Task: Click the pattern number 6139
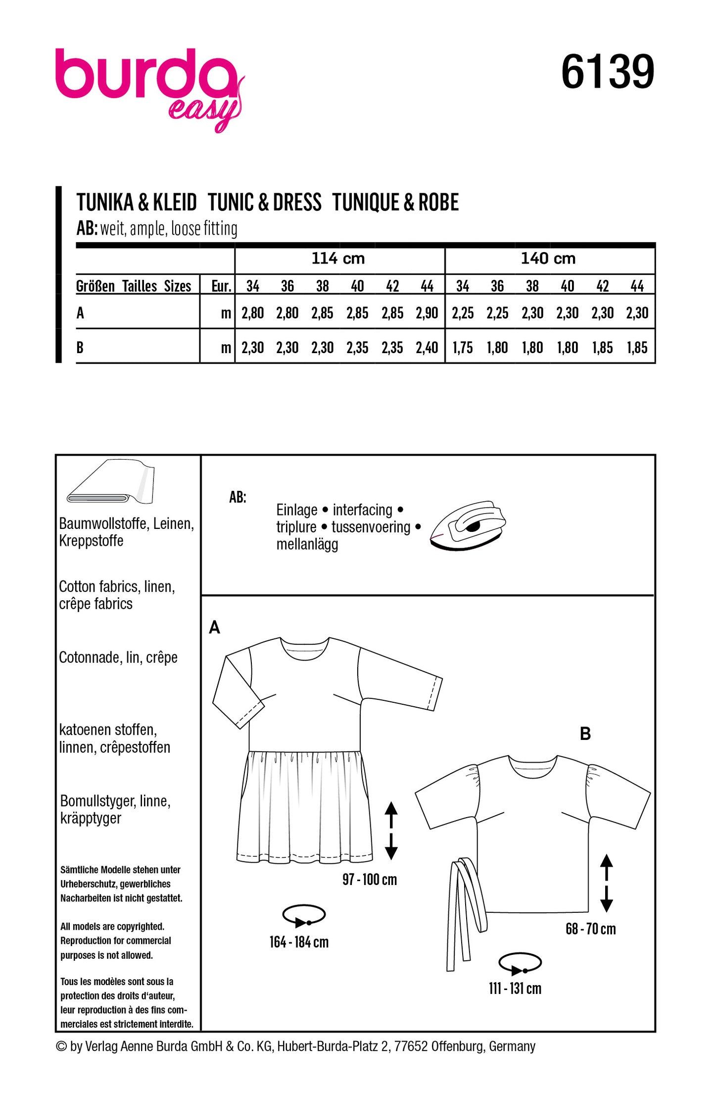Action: [x=607, y=72]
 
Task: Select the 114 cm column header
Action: [x=338, y=259]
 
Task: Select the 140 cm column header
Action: [x=548, y=259]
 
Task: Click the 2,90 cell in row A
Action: [x=427, y=313]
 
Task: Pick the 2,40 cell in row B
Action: [x=427, y=348]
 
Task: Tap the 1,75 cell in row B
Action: [x=462, y=348]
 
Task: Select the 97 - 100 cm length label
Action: [x=369, y=880]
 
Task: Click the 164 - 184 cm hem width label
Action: [x=299, y=942]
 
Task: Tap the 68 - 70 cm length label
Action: [x=590, y=929]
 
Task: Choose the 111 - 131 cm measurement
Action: [x=515, y=989]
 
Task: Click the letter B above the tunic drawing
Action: [x=585, y=734]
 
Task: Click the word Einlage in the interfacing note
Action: [x=296, y=510]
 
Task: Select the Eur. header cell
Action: [x=221, y=286]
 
